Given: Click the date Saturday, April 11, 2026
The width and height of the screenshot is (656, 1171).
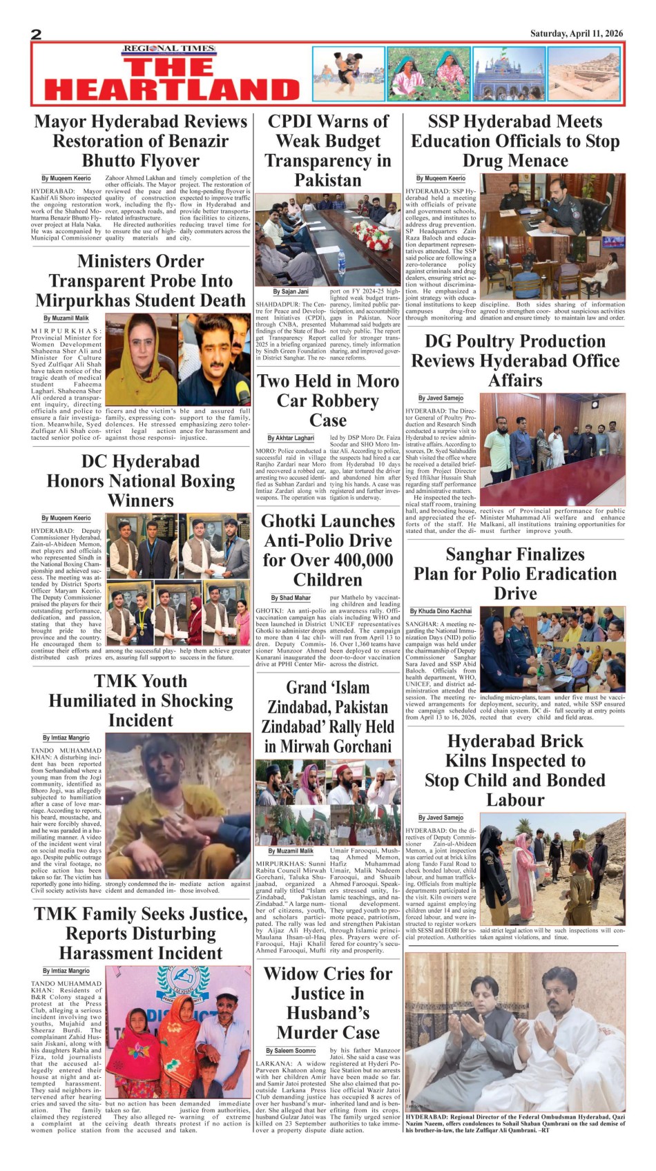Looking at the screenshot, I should pos(576,34).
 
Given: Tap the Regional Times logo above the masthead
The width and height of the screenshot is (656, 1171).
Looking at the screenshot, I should pos(169,49).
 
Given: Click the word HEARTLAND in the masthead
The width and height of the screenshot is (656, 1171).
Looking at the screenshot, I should pos(172,90).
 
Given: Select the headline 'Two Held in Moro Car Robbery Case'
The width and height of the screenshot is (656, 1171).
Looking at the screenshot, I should pos(328,400).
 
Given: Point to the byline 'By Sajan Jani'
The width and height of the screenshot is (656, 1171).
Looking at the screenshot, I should pos(291,292).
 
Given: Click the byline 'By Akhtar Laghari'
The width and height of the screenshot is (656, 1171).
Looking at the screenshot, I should pos(291,438).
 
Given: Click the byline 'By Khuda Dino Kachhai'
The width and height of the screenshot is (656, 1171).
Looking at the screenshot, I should pos(441,611).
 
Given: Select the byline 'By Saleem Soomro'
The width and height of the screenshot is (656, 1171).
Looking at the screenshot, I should pos(291,1051).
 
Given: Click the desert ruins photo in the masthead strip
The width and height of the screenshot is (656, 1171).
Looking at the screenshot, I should pos(586,74).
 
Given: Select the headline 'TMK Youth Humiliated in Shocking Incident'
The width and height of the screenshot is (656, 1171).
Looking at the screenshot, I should pos(141,700).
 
